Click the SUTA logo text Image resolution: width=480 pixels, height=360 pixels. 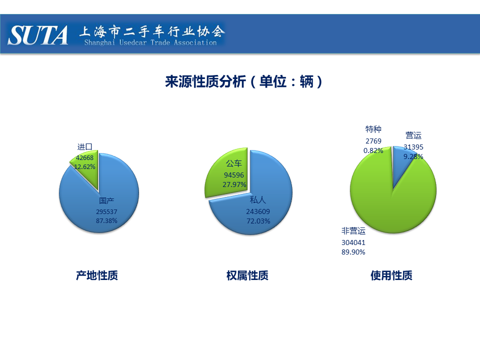[x=37, y=35]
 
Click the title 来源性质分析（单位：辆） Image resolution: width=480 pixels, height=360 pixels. [x=243, y=81]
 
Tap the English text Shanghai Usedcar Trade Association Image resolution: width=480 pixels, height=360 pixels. [x=150, y=42]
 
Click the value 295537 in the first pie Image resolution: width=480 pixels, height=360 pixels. [x=106, y=211]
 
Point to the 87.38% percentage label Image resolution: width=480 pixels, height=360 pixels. [x=106, y=220]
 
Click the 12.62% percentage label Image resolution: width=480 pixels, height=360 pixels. [x=84, y=166]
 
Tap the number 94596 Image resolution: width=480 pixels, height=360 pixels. [x=234, y=175]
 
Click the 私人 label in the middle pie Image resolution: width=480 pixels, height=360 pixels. [x=258, y=200]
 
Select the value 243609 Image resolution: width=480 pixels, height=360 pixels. [x=258, y=211]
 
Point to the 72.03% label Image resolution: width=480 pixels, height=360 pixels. [x=258, y=221]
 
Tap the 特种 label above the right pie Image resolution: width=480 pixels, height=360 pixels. [x=373, y=129]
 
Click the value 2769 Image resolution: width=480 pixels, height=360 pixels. [x=373, y=141]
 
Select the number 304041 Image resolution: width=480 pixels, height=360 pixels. [x=353, y=242]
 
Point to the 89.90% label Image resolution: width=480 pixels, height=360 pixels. [x=353, y=252]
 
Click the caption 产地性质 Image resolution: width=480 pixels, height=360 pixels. [x=96, y=275]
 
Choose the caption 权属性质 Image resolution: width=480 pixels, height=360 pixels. [x=247, y=275]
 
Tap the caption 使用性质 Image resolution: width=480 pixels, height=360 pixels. [x=391, y=275]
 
